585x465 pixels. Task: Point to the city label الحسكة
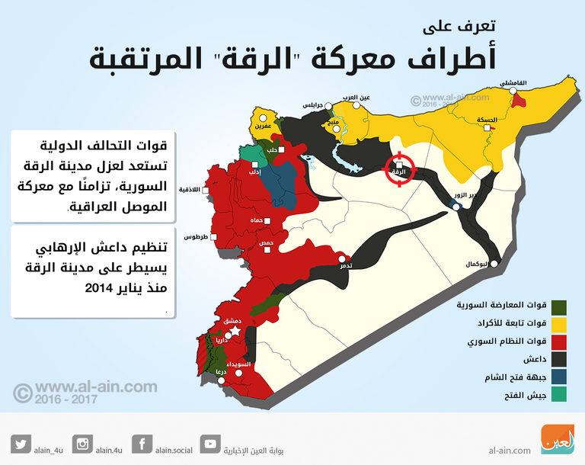(486, 120)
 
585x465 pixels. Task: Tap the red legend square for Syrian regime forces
(558, 342)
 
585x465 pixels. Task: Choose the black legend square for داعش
(558, 359)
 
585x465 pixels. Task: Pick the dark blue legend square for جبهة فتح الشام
(558, 377)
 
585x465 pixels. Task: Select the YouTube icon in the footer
(211, 444)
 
